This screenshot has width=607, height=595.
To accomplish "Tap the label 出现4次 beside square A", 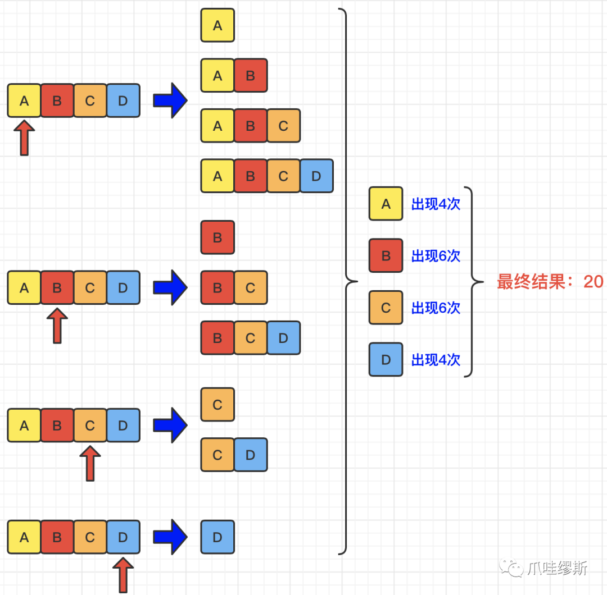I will pyautogui.click(x=436, y=204).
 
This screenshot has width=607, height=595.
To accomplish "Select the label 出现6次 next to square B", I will pyautogui.click(x=436, y=256).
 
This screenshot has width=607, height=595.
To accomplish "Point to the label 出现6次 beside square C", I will pyautogui.click(x=436, y=308).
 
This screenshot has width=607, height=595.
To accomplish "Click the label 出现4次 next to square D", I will pyautogui.click(x=436, y=360).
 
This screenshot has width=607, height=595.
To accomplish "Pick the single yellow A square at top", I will pyautogui.click(x=218, y=25).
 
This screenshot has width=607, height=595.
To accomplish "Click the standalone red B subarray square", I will pyautogui.click(x=218, y=237).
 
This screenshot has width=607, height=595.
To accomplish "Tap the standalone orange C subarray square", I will pyautogui.click(x=218, y=405).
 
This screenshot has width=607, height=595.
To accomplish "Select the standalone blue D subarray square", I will pyautogui.click(x=218, y=537).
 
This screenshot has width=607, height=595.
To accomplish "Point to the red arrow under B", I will pyautogui.click(x=57, y=326).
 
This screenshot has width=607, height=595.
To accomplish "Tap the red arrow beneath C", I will pyautogui.click(x=90, y=463).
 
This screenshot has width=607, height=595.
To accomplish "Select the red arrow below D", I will pyautogui.click(x=123, y=574).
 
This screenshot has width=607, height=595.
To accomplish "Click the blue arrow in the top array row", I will pyautogui.click(x=170, y=100).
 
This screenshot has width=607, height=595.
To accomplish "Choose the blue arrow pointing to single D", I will pyautogui.click(x=170, y=537).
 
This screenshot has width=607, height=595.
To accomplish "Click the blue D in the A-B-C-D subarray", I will pyautogui.click(x=316, y=176).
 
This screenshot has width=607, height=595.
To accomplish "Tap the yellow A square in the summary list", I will pyautogui.click(x=386, y=204).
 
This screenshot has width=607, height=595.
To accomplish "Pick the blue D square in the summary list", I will pyautogui.click(x=386, y=360).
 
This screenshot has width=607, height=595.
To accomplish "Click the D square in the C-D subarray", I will pyautogui.click(x=251, y=455).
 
